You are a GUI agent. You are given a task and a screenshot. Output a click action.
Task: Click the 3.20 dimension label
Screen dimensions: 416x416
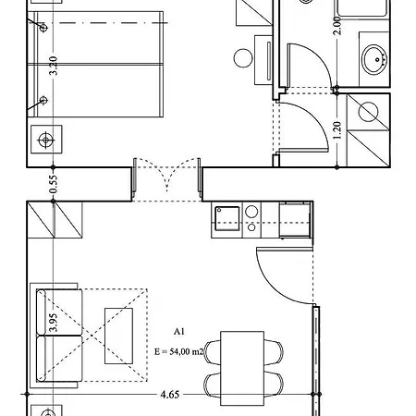54,66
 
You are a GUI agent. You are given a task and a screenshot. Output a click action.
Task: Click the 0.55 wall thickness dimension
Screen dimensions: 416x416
54,184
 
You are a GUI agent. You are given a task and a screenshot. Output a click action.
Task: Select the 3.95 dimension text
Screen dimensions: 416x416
54,323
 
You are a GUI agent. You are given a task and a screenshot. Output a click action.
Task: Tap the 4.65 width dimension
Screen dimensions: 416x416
170,395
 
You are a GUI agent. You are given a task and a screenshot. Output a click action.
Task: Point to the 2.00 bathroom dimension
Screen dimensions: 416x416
337,26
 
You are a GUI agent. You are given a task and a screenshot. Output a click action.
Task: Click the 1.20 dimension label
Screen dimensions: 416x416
337,130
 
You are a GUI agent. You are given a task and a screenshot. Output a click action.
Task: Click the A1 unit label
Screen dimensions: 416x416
179,332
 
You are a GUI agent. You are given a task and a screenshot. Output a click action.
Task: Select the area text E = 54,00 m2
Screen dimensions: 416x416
179,351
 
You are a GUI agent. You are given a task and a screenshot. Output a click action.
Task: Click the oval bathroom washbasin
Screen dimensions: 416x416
374,59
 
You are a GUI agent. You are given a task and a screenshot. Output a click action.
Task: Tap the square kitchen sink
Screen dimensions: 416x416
227,218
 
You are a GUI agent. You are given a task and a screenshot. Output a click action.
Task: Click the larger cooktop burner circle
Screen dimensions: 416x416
251,212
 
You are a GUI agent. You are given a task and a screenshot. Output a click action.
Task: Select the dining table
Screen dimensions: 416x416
242,368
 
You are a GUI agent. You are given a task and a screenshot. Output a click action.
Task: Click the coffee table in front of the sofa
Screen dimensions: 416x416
118,336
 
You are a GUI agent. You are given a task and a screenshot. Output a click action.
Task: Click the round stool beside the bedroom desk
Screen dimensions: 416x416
243,58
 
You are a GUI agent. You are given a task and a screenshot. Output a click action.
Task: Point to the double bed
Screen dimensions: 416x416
95,64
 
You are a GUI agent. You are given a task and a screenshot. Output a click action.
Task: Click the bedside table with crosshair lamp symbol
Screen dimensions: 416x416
46,140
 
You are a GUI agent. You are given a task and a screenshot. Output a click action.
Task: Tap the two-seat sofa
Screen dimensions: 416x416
56,336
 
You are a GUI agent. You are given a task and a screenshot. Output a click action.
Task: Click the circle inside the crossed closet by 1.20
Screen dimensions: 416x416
368,112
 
